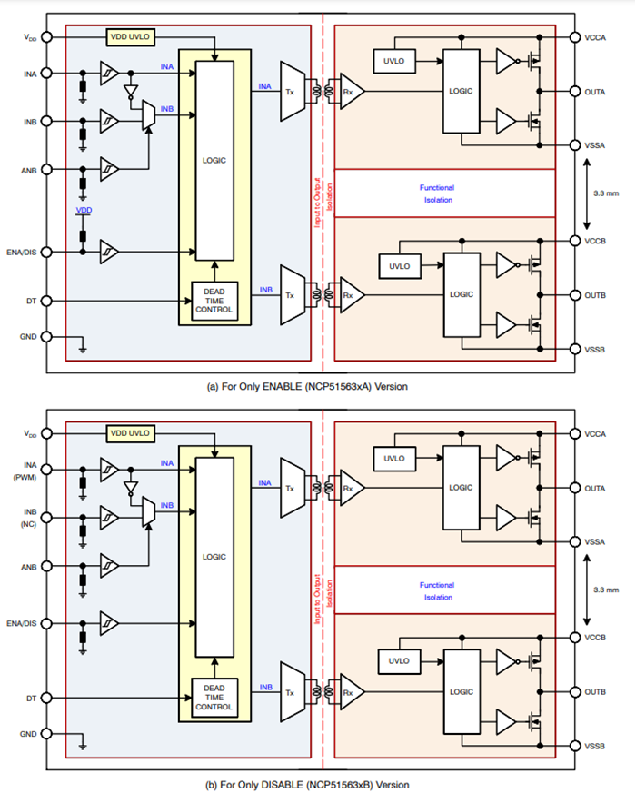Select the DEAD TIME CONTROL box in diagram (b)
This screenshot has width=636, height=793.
pyautogui.click(x=214, y=697)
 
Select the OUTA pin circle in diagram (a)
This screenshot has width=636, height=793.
pyautogui.click(x=576, y=91)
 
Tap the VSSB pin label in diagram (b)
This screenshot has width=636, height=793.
pyautogui.click(x=596, y=746)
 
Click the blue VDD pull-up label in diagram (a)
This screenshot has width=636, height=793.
pyautogui.click(x=84, y=211)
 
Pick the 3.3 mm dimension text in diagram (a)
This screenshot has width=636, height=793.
pyautogui.click(x=605, y=193)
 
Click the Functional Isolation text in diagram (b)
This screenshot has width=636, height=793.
pyautogui.click(x=436, y=590)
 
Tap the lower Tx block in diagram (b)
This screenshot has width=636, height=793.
pyautogui.click(x=291, y=692)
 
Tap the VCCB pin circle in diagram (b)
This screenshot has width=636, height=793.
pyautogui.click(x=576, y=637)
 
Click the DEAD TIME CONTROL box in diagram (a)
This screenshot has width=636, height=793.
pyautogui.click(x=214, y=301)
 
